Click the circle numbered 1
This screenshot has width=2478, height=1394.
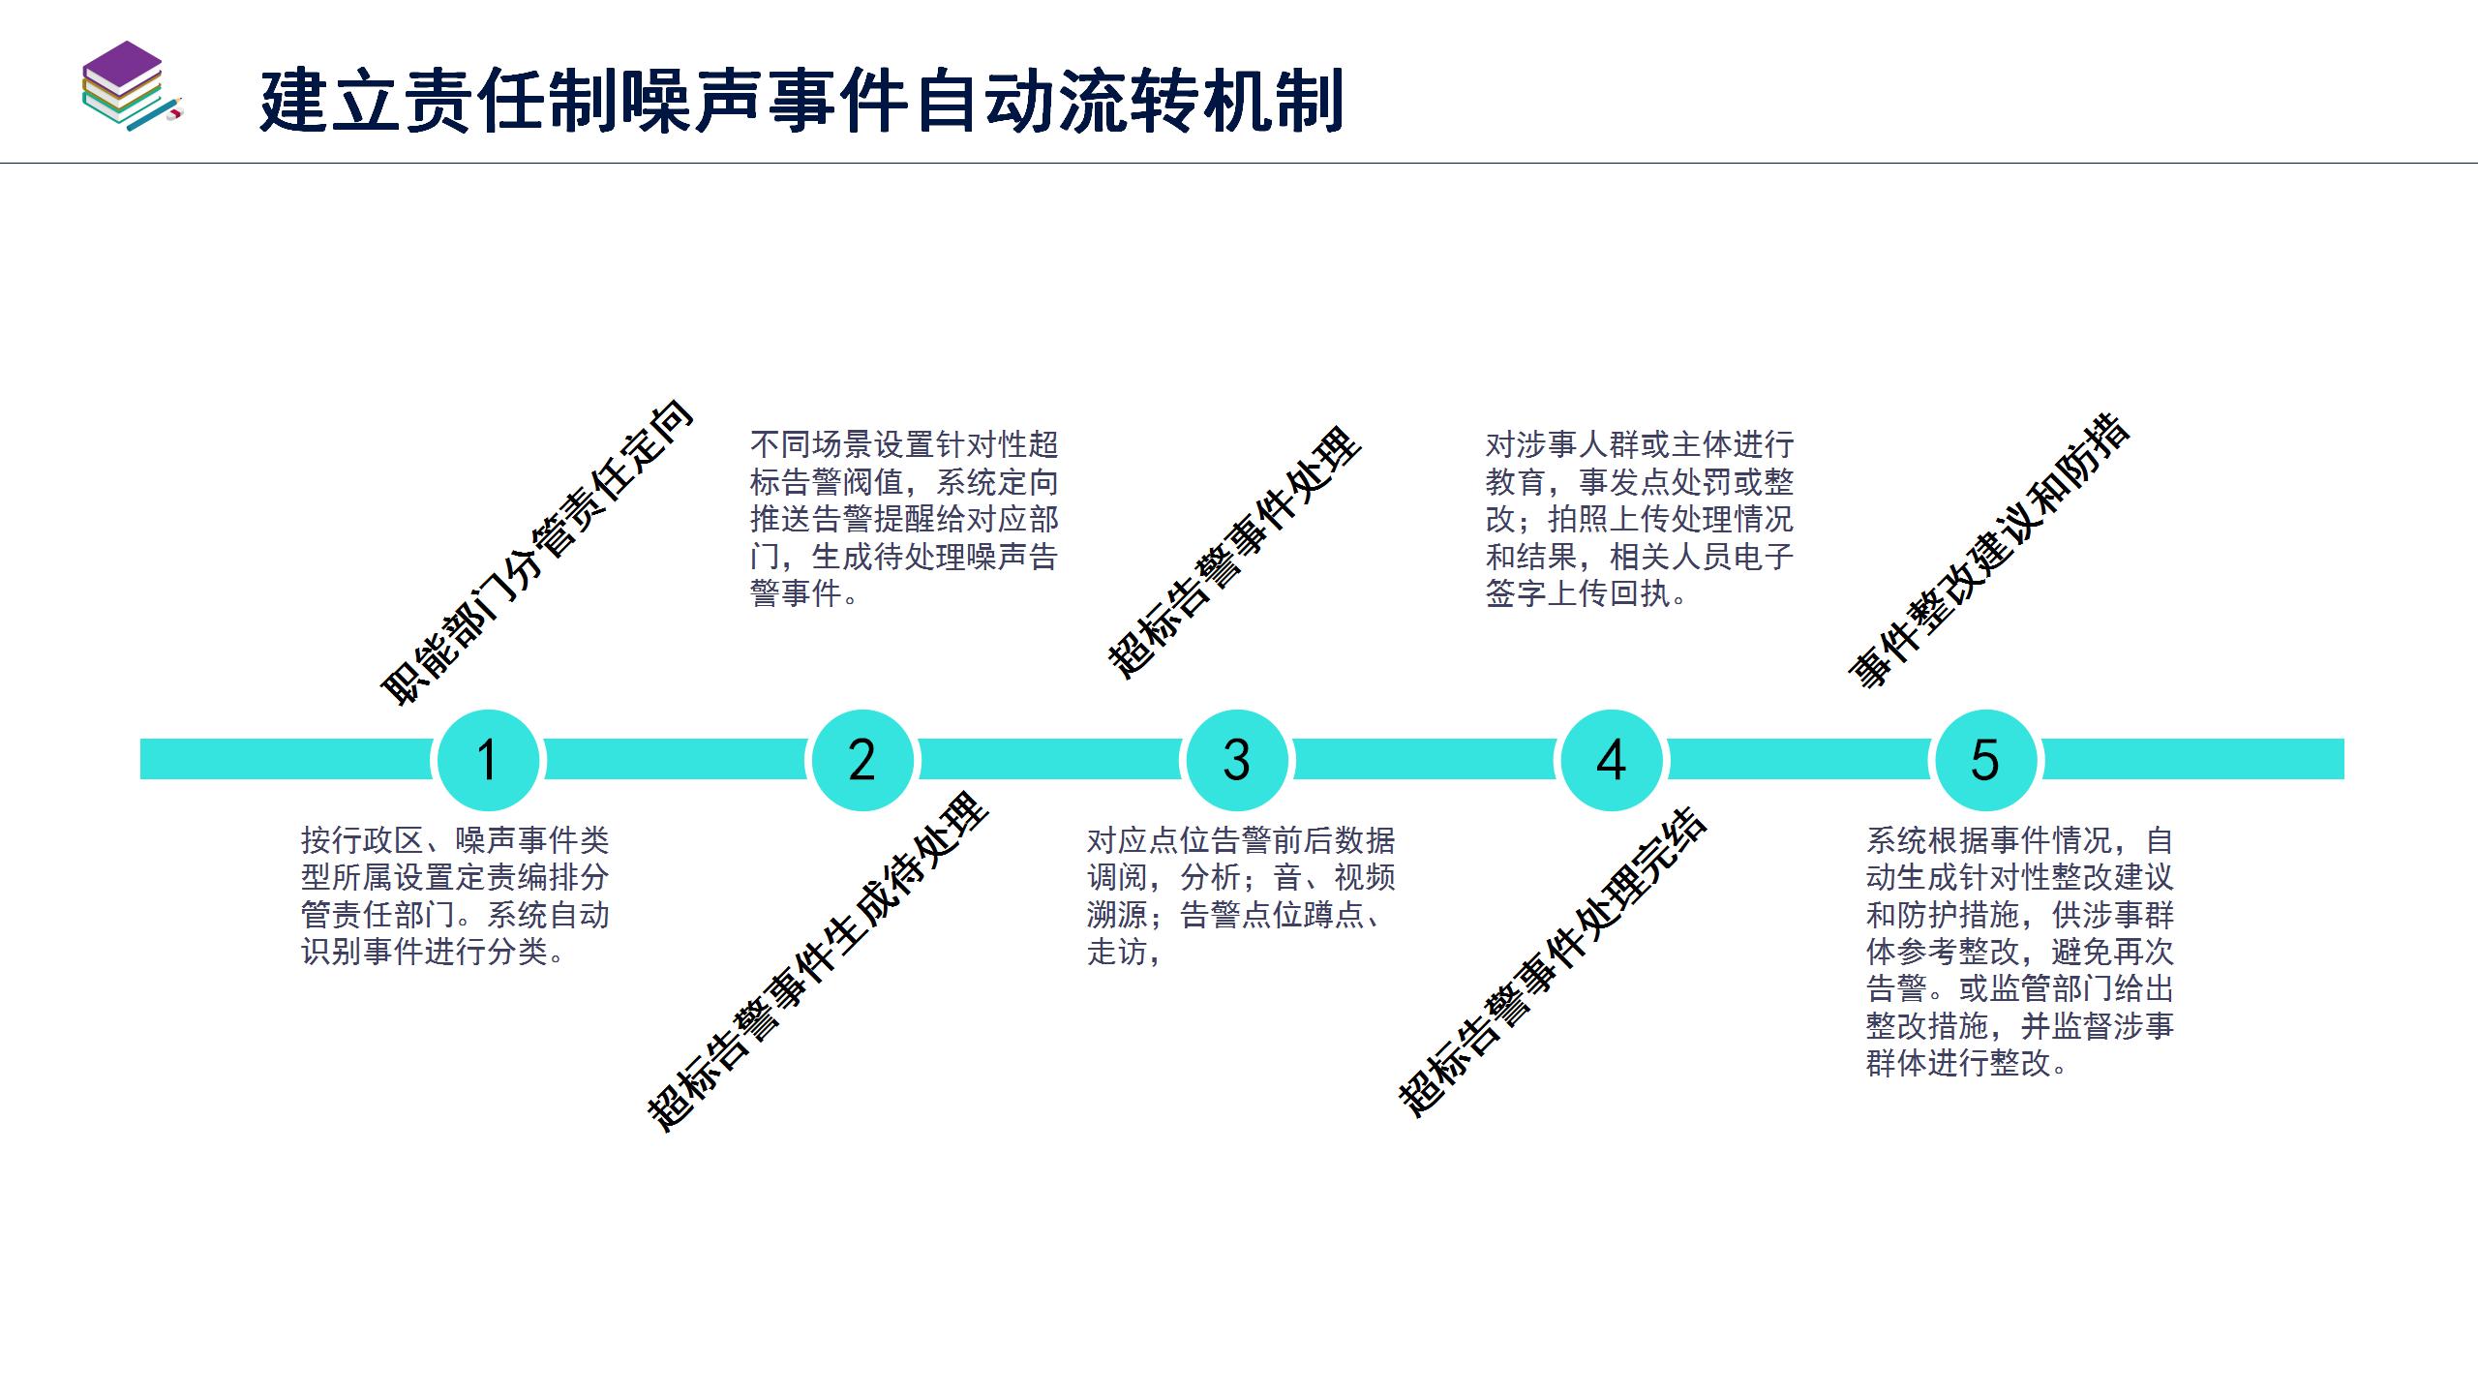pyautogui.click(x=488, y=760)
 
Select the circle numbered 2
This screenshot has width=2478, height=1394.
pyautogui.click(x=861, y=760)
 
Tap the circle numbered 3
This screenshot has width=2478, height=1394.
pyautogui.click(x=1236, y=760)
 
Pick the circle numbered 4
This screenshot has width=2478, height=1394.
pyautogui.click(x=1611, y=760)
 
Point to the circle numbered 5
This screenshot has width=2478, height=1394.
pyautogui.click(x=1984, y=760)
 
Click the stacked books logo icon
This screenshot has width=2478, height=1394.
pyautogui.click(x=131, y=87)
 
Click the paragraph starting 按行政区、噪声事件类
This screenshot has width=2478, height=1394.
pyautogui.click(x=455, y=895)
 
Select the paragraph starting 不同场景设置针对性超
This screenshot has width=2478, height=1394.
pyautogui.click(x=904, y=519)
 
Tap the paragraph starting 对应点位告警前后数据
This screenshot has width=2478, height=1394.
pyautogui.click(x=1241, y=895)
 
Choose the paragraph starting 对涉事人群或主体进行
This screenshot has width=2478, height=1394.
pyautogui.click(x=1640, y=519)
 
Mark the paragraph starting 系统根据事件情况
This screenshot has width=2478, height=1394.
pyautogui.click(x=2020, y=952)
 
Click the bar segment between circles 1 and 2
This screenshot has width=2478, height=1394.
pyautogui.click(x=675, y=760)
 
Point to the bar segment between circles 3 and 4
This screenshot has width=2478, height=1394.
pyautogui.click(x=1423, y=760)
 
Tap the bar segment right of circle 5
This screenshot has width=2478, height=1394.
pyautogui.click(x=2192, y=760)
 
